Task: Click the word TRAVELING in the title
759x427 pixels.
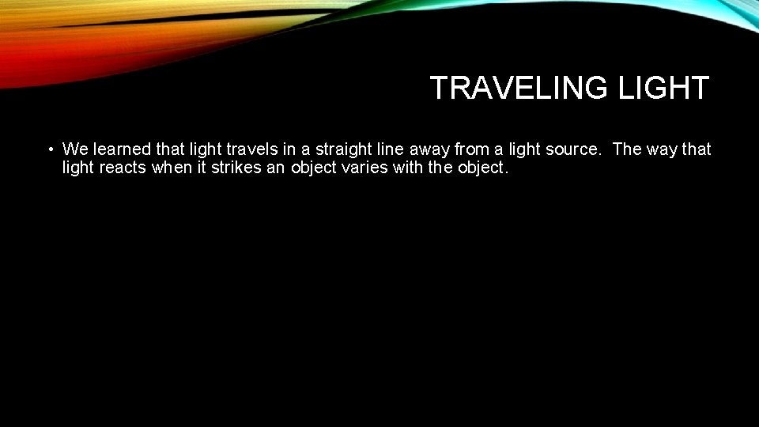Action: (x=519, y=88)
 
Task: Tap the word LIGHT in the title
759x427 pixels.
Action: (x=663, y=88)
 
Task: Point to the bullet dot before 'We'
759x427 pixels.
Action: (x=49, y=149)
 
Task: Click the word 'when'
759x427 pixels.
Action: (x=173, y=168)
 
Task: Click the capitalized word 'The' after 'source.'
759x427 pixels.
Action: (x=627, y=149)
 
